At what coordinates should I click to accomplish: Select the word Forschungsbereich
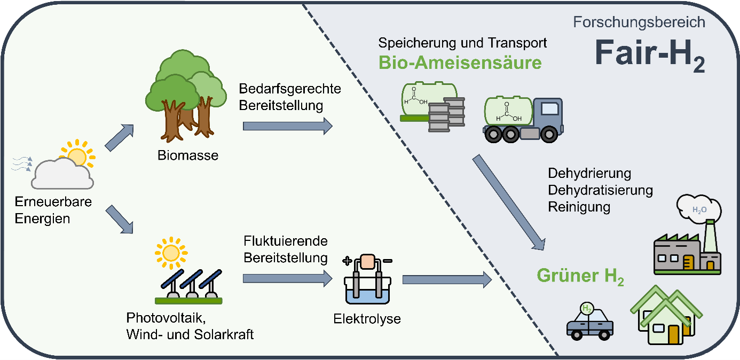(x=639, y=22)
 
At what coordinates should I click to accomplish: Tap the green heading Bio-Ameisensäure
(x=460, y=62)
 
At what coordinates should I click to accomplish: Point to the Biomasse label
(x=180, y=155)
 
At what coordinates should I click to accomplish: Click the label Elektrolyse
(x=367, y=319)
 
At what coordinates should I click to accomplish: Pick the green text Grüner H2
(x=580, y=277)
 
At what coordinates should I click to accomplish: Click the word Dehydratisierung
(x=601, y=190)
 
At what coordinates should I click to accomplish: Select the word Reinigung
(x=579, y=207)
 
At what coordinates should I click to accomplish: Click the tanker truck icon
(x=523, y=120)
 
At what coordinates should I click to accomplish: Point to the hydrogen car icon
(x=589, y=322)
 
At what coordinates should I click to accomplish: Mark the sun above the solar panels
(x=171, y=251)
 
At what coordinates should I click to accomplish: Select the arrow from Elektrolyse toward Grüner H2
(x=446, y=279)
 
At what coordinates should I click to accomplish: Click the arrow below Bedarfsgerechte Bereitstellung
(x=287, y=127)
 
